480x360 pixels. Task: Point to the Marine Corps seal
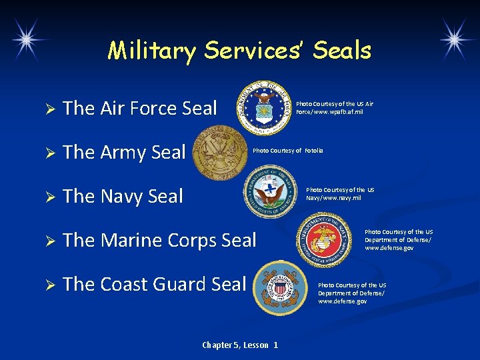point(323,239)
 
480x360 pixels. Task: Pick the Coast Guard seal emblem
point(281,287)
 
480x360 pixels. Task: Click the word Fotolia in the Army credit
point(313,151)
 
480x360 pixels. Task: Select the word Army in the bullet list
point(124,153)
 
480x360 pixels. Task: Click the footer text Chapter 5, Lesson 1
point(240,345)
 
